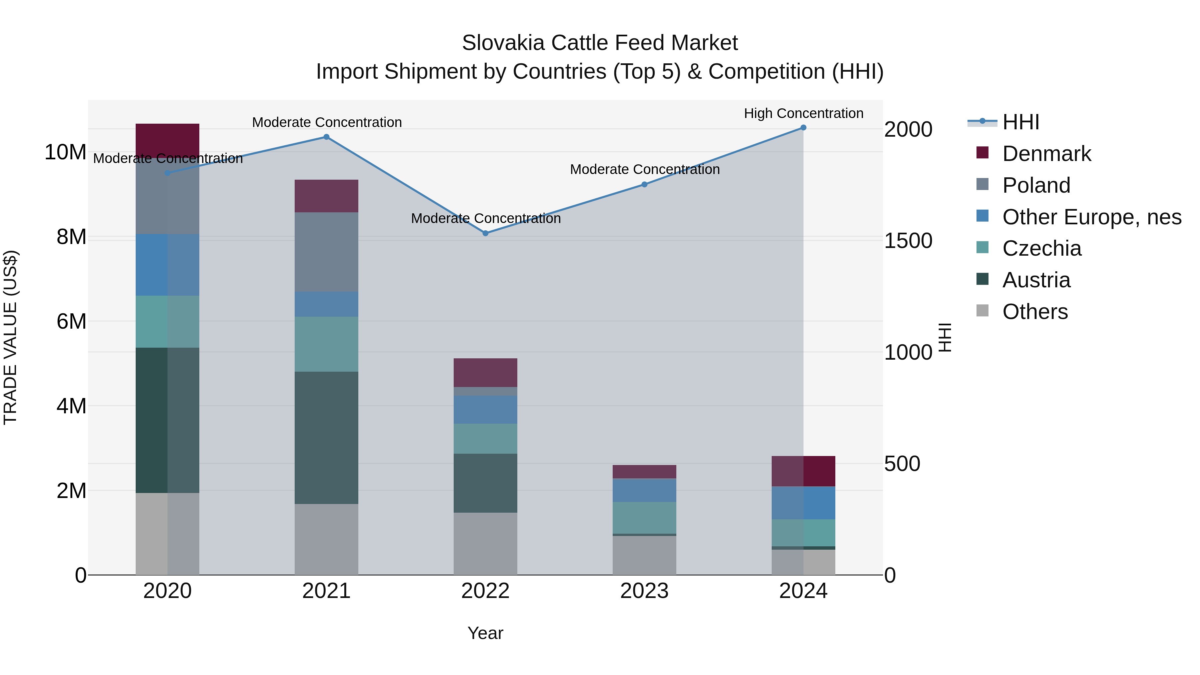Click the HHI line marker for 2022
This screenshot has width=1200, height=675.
[485, 233]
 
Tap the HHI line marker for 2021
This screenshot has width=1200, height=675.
[327, 137]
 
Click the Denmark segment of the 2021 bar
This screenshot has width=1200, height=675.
[327, 196]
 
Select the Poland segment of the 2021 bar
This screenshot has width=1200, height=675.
[327, 252]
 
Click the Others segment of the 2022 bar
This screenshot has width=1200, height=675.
[485, 544]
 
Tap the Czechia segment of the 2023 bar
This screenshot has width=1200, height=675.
[644, 518]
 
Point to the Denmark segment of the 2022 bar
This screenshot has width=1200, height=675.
[485, 373]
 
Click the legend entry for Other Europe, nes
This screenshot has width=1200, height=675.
[1091, 217]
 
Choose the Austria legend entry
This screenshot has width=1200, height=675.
[1036, 280]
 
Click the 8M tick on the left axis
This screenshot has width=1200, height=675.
[71, 237]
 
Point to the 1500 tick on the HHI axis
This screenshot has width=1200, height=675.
[908, 241]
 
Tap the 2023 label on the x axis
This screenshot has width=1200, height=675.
[644, 591]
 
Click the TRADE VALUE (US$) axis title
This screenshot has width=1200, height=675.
[10, 337]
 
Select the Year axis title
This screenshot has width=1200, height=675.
[485, 633]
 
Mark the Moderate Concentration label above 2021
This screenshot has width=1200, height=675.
[327, 123]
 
